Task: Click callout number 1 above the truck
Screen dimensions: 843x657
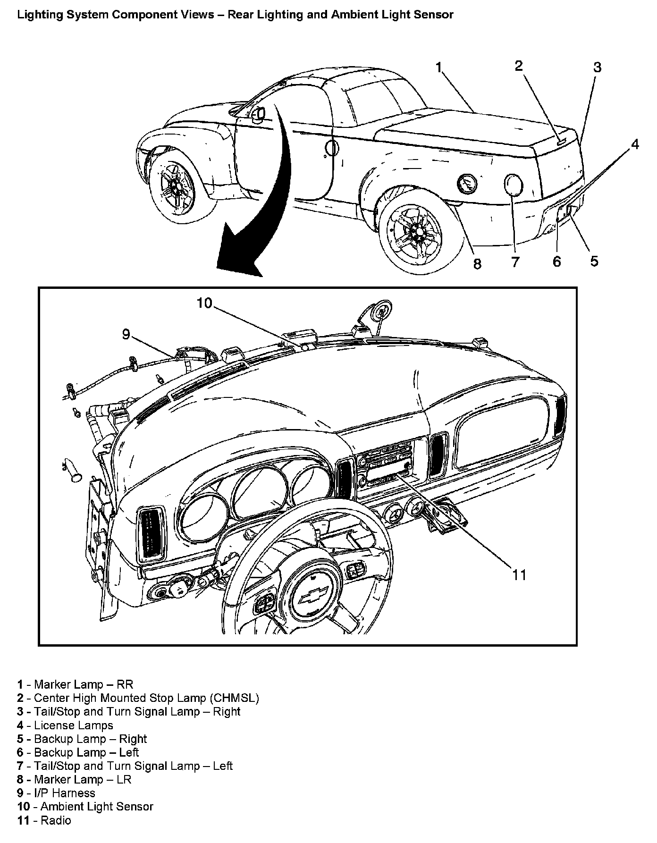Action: pyautogui.click(x=439, y=68)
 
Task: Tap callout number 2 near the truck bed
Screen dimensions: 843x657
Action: pyautogui.click(x=519, y=66)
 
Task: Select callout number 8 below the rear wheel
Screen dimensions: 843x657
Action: pyautogui.click(x=477, y=264)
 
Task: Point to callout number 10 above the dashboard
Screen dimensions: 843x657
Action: pyautogui.click(x=205, y=303)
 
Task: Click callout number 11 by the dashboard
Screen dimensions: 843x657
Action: pyautogui.click(x=519, y=574)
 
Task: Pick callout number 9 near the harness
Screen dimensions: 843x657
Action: pyautogui.click(x=126, y=334)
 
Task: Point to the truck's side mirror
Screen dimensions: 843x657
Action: pyautogui.click(x=258, y=114)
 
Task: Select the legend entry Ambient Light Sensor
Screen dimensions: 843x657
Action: pyautogui.click(x=97, y=807)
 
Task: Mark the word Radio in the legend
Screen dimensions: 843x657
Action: pyautogui.click(x=56, y=820)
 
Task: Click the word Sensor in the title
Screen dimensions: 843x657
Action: pyautogui.click(x=434, y=15)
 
